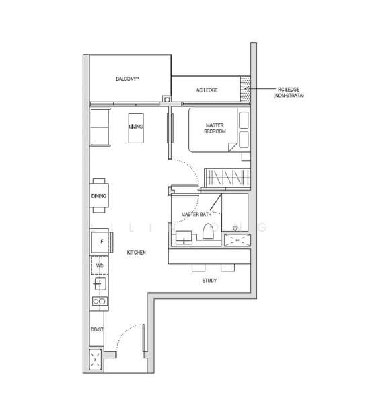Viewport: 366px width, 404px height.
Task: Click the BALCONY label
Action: [x=126, y=79]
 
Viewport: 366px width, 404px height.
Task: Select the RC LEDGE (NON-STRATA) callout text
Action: [x=290, y=92]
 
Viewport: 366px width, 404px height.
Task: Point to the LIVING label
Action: [x=136, y=126]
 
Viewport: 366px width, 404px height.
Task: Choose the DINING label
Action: [x=98, y=196]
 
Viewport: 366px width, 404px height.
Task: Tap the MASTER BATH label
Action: [x=196, y=215]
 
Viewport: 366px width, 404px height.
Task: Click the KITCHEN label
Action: [x=137, y=252]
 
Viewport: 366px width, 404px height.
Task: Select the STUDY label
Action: [x=209, y=280]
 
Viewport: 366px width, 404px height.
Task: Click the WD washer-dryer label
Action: [x=100, y=267]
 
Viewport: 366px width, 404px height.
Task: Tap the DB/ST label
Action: [x=97, y=329]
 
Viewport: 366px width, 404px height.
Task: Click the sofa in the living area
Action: [x=99, y=127]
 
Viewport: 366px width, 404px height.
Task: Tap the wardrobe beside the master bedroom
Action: [x=227, y=177]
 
